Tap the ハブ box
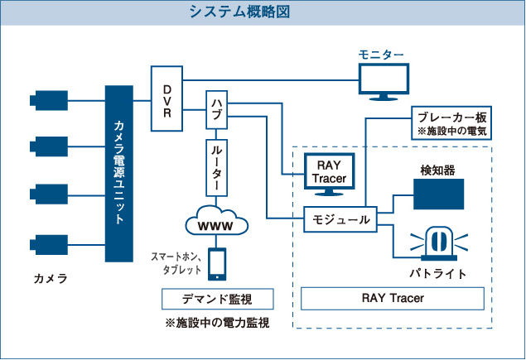218,114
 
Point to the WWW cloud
218,223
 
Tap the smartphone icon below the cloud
218,263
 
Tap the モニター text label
381,55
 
